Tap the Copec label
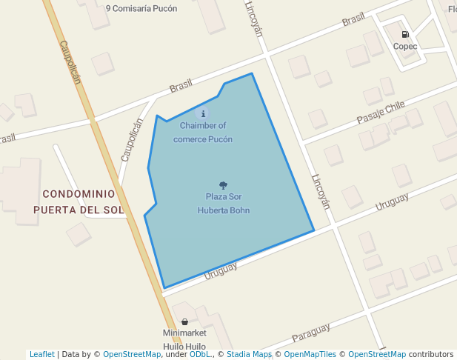tap(405, 46)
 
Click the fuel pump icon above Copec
tap(405, 34)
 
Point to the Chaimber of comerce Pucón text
tap(203, 132)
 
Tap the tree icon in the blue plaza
tap(223, 184)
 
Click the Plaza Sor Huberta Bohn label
tap(223, 203)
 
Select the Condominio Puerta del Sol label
tap(79, 201)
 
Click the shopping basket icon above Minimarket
tap(184, 322)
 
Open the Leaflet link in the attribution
tap(41, 354)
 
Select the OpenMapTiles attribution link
tap(310, 354)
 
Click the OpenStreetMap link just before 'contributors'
tap(376, 354)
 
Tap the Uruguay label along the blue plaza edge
tap(221, 272)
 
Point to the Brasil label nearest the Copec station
tap(353, 20)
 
